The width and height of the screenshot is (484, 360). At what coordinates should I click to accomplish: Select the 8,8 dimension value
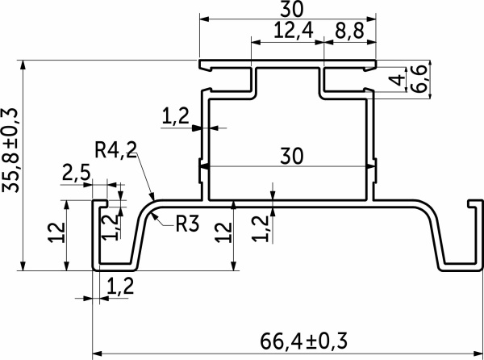(x=350, y=31)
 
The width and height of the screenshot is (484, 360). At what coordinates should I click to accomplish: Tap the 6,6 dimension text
(x=419, y=79)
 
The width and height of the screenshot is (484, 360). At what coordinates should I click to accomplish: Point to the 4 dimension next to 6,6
(x=395, y=81)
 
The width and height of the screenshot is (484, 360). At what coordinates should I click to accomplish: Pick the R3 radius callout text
(x=186, y=224)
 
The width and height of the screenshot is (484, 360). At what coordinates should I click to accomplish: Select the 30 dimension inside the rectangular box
(x=287, y=156)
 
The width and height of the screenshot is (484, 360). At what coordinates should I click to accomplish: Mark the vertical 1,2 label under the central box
(x=258, y=228)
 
